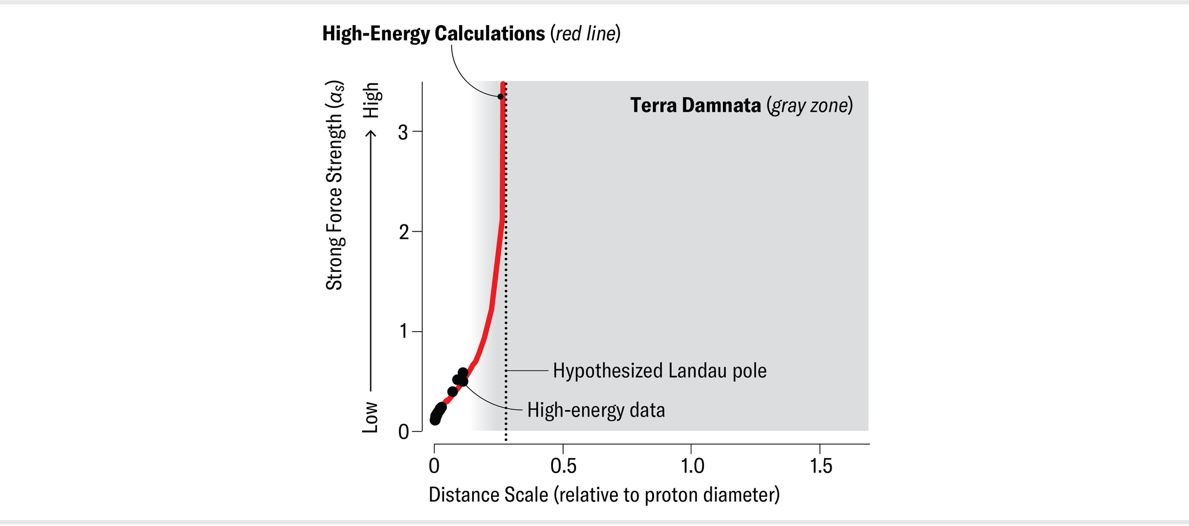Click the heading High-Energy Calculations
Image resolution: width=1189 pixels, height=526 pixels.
tap(433, 33)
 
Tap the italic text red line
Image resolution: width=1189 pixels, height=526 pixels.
tap(586, 33)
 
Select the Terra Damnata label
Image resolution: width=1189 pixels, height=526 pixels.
tap(695, 105)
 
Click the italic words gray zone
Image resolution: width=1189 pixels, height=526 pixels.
tap(810, 105)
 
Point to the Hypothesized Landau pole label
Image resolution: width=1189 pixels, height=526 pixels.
tap(659, 371)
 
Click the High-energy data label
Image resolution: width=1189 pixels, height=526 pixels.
tap(596, 410)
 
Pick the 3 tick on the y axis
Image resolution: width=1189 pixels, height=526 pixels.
tap(404, 132)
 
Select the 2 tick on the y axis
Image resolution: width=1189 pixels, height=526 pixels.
tap(404, 232)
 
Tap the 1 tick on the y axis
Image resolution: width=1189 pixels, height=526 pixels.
tap(404, 331)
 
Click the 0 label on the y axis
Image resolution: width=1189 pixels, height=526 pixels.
tap(404, 431)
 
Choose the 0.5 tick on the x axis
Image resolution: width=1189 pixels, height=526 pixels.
tap(563, 466)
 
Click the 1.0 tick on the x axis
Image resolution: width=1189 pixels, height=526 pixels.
tap(691, 466)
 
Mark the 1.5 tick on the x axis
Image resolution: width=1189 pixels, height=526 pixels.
tap(820, 466)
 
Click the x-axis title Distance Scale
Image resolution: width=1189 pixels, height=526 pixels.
tap(603, 495)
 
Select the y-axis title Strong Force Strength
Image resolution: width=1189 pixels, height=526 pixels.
tap(335, 185)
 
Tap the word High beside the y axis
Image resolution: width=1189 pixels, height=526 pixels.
tap(371, 100)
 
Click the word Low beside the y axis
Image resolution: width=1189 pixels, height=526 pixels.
tap(370, 417)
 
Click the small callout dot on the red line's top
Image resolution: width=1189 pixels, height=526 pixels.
tap(501, 96)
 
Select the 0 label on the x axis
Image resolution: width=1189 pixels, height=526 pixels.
tap(435, 466)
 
